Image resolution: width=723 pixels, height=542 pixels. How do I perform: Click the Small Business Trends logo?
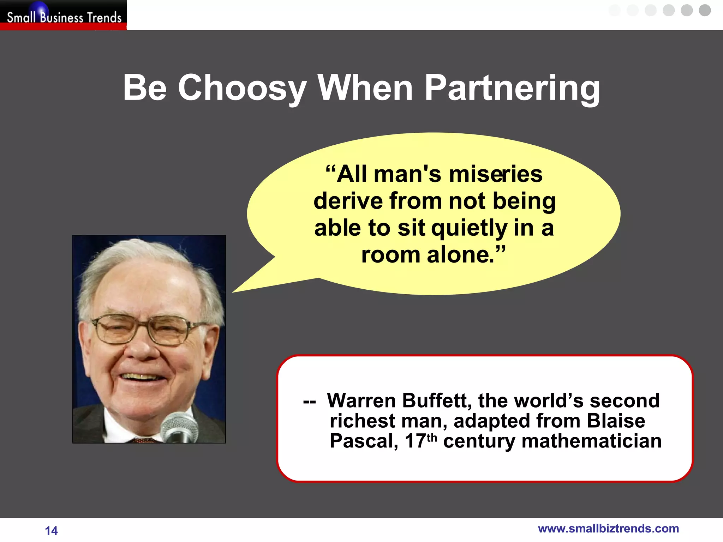pyautogui.click(x=64, y=16)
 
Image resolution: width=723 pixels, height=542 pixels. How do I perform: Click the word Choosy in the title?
pyautogui.click(x=242, y=88)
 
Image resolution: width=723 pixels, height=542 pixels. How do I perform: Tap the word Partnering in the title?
pyautogui.click(x=512, y=88)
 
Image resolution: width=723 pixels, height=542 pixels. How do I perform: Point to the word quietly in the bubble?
pyautogui.click(x=469, y=228)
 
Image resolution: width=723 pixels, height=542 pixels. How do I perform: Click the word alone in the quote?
pyautogui.click(x=460, y=255)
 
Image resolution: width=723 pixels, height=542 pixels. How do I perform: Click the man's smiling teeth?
pyautogui.click(x=141, y=377)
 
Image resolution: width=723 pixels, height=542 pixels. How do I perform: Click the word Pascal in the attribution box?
pyautogui.click(x=364, y=441)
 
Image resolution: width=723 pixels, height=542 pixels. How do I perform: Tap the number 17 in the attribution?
pyautogui.click(x=415, y=441)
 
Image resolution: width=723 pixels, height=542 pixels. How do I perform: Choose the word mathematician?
pyautogui.click(x=591, y=441)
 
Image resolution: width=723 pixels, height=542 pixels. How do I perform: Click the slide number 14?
pyautogui.click(x=51, y=530)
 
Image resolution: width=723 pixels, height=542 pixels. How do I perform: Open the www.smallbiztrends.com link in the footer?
pyautogui.click(x=608, y=529)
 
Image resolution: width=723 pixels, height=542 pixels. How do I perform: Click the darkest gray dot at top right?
pyautogui.click(x=705, y=10)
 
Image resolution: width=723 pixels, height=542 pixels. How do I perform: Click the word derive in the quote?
pyautogui.click(x=348, y=201)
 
